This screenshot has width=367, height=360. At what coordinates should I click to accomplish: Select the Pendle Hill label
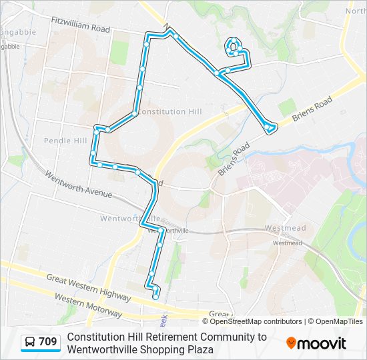coord(65,141)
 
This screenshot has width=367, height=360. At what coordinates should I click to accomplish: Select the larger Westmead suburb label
coord(285,228)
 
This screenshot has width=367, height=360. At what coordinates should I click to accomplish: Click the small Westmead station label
coord(287,243)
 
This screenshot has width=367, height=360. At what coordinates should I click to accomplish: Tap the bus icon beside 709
coord(30,343)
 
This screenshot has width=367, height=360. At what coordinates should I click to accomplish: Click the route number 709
coord(47,343)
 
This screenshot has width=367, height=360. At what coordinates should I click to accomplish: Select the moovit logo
coord(316,343)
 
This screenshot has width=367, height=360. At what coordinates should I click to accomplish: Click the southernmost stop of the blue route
coord(155,297)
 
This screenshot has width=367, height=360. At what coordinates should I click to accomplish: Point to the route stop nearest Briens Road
coord(269,129)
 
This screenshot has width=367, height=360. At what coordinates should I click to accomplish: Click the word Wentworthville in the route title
coord(99,349)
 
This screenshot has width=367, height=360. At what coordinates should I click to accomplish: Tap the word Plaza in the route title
coord(200,349)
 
